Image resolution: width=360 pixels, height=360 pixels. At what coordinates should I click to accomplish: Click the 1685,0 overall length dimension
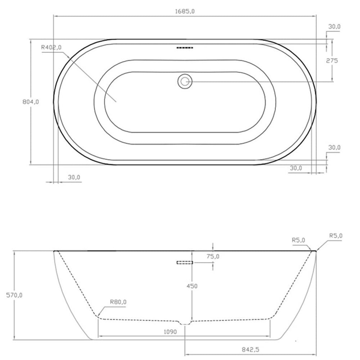pyautogui.click(x=185, y=11)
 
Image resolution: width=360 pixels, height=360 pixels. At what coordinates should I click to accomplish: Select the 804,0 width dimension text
pyautogui.click(x=31, y=102)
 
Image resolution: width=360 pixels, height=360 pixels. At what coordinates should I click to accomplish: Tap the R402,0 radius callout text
pyautogui.click(x=51, y=47)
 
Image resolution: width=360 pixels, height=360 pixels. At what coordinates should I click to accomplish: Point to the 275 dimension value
pyautogui.click(x=332, y=60)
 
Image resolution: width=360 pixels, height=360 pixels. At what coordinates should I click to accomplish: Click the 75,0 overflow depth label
pyautogui.click(x=213, y=256)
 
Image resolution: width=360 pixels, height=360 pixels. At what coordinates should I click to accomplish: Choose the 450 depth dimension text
pyautogui.click(x=192, y=286)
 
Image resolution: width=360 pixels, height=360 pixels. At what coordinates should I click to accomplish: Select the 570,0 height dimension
pyautogui.click(x=15, y=295)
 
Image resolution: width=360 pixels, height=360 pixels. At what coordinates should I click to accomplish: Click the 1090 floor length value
pyautogui.click(x=170, y=332)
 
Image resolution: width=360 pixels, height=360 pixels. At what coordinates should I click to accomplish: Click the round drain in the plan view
pyautogui.click(x=185, y=81)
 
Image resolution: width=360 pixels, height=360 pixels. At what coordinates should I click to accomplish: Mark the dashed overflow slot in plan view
pyautogui.click(x=185, y=48)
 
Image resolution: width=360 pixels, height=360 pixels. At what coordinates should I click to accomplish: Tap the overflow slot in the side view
pyautogui.click(x=185, y=262)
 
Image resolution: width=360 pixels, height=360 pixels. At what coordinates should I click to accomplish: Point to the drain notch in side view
pyautogui.click(x=185, y=323)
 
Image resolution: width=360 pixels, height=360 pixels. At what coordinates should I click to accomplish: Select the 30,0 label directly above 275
pyautogui.click(x=334, y=27)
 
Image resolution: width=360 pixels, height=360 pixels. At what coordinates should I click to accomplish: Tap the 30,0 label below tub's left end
pyautogui.click(x=74, y=177)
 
